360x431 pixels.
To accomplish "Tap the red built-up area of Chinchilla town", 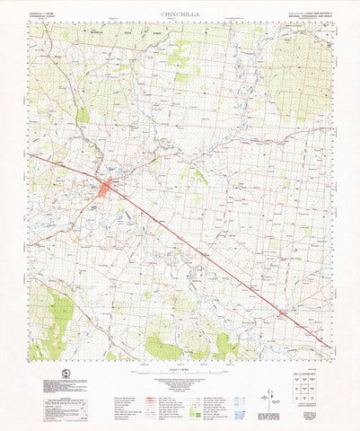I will [107, 188].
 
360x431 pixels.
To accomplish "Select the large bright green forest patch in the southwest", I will [61, 314].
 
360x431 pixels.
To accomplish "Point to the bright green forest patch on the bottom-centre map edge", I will [162, 347].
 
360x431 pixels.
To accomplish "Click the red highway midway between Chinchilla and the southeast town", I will [198, 251].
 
